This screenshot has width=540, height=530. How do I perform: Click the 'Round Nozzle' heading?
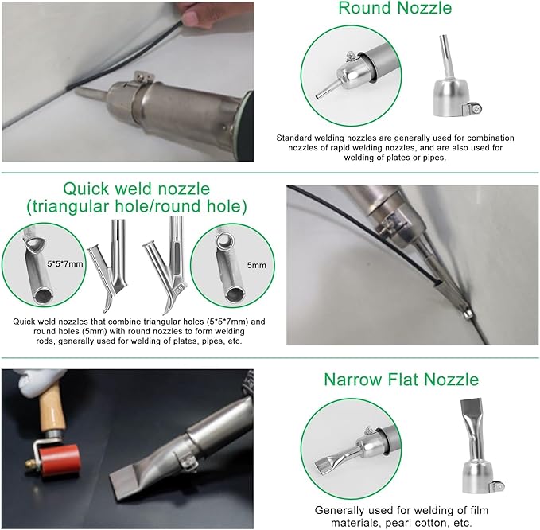(x=394, y=8)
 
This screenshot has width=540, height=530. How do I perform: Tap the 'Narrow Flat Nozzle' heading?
(x=401, y=380)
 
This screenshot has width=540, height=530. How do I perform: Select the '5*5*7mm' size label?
(x=65, y=264)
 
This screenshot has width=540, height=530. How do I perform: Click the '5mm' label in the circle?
(x=257, y=265)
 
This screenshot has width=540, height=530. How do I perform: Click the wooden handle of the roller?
(x=52, y=407)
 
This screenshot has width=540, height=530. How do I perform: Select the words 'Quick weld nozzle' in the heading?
(x=136, y=189)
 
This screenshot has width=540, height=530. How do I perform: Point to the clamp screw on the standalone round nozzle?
(x=476, y=109)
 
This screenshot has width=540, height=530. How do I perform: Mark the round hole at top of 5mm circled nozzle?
(x=223, y=239)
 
